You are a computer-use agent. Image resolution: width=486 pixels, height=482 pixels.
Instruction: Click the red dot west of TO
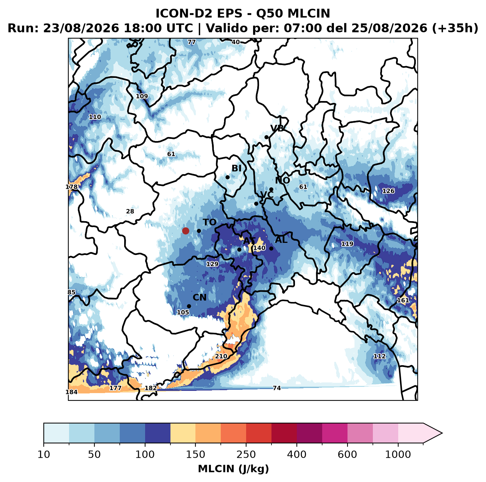[x=186, y=231]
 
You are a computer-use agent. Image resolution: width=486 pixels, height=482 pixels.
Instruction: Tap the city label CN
[x=199, y=297]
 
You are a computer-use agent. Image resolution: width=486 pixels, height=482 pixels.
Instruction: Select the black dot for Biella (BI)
[x=227, y=177]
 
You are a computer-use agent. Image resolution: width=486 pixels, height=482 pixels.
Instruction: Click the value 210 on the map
[x=221, y=356]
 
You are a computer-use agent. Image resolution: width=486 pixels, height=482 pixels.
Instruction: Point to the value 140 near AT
[x=259, y=248]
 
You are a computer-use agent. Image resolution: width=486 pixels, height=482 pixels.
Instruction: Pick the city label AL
[x=281, y=240]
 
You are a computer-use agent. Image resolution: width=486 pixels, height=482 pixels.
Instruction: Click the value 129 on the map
[x=212, y=264]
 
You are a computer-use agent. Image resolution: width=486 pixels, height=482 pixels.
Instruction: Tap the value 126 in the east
[x=388, y=191]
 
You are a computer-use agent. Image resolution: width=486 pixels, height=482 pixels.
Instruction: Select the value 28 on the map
[x=130, y=211]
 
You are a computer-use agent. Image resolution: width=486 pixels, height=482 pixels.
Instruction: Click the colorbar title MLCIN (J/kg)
[x=233, y=469]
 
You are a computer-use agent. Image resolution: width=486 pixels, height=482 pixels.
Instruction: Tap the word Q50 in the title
[x=269, y=14]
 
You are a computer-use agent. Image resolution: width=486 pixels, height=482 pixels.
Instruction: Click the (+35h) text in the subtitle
[x=455, y=28]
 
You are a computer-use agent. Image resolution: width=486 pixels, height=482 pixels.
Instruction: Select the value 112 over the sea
[x=379, y=356]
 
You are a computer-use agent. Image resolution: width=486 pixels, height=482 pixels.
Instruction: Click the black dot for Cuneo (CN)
[x=189, y=306]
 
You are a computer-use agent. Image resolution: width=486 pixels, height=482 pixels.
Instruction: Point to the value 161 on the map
[x=403, y=300]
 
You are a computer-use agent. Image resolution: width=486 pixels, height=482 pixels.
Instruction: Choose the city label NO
[x=282, y=180]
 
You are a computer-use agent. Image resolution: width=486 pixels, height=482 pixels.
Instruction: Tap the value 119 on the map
[x=347, y=244]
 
